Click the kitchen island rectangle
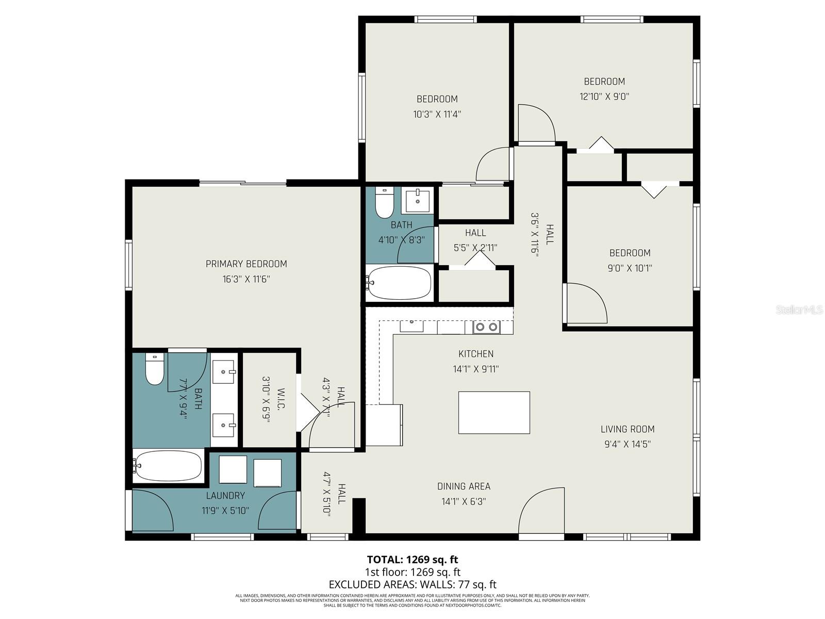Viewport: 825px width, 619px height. pyautogui.click(x=494, y=412)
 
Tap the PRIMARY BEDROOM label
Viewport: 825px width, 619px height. pyautogui.click(x=246, y=264)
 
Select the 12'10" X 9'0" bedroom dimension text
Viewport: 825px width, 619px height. pyautogui.click(x=604, y=96)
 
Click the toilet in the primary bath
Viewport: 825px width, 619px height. pyautogui.click(x=154, y=369)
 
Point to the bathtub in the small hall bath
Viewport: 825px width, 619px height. pyautogui.click(x=400, y=283)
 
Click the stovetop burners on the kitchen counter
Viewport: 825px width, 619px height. pyautogui.click(x=487, y=327)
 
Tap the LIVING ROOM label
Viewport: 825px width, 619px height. pyautogui.click(x=628, y=429)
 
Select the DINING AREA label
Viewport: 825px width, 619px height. pyautogui.click(x=464, y=486)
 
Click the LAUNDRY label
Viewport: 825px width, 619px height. pyautogui.click(x=225, y=496)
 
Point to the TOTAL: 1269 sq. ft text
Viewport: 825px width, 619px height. pyautogui.click(x=412, y=560)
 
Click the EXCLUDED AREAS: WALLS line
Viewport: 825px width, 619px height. pyautogui.click(x=412, y=584)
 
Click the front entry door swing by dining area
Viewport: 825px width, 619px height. pyautogui.click(x=541, y=511)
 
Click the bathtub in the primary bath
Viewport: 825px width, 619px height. pyautogui.click(x=168, y=466)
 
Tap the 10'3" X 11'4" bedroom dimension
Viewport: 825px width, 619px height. pyautogui.click(x=437, y=115)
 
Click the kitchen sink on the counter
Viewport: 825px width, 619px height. pyautogui.click(x=411, y=326)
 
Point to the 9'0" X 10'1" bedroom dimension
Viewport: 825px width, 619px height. pyautogui.click(x=630, y=268)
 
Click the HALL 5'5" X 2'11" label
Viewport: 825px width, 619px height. pyautogui.click(x=475, y=240)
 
